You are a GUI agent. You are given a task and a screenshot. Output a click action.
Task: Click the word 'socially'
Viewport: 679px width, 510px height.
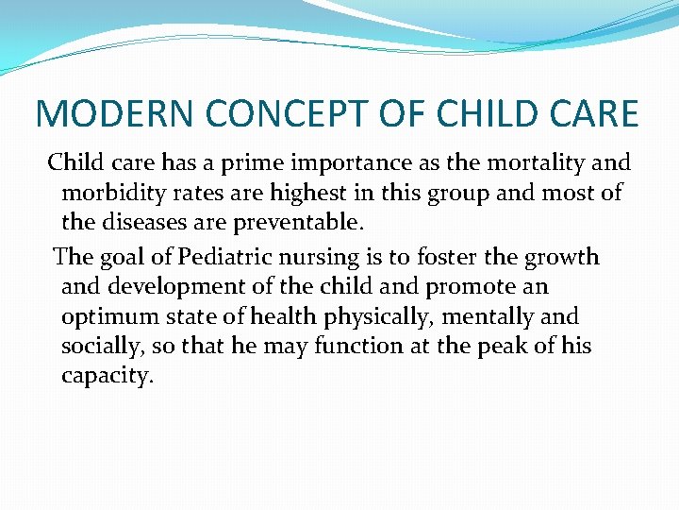(x=101, y=348)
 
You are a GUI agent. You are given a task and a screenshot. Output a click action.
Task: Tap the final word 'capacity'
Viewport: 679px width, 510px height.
(x=107, y=377)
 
